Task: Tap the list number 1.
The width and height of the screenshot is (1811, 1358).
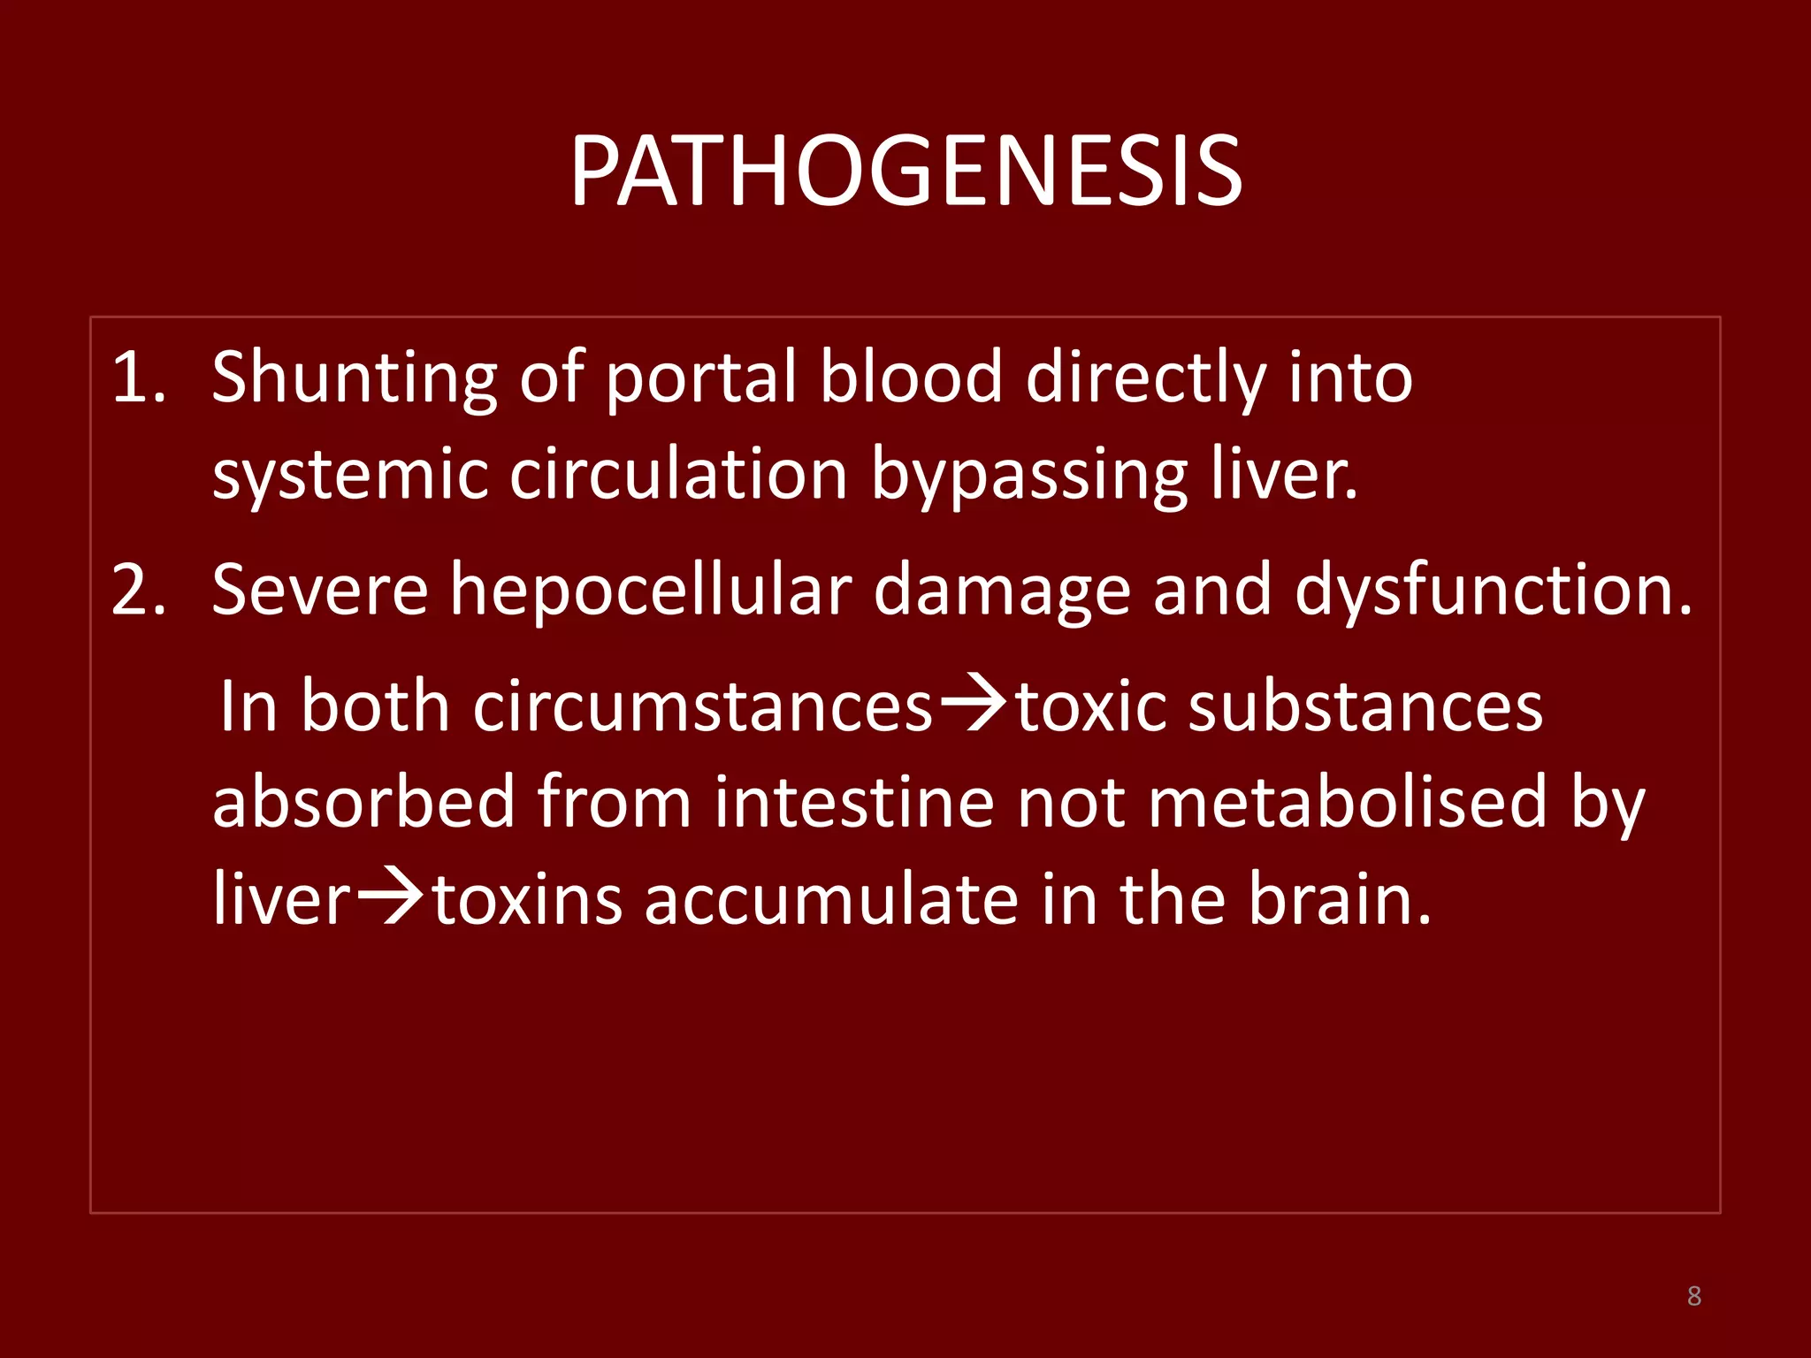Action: (137, 378)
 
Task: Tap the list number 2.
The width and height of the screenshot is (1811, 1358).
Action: (138, 591)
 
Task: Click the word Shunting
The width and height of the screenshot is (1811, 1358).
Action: (354, 378)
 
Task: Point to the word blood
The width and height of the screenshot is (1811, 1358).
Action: (911, 378)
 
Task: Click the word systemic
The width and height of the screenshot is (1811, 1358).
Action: (350, 475)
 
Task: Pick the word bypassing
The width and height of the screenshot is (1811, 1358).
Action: (1029, 475)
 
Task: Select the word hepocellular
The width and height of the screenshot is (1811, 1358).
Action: (651, 591)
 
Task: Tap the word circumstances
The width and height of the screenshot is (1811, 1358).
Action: (703, 707)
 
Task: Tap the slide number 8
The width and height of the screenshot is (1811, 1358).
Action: (1693, 1296)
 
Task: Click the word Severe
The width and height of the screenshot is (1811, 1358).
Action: (320, 591)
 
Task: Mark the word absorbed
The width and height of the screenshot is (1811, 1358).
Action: (363, 803)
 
